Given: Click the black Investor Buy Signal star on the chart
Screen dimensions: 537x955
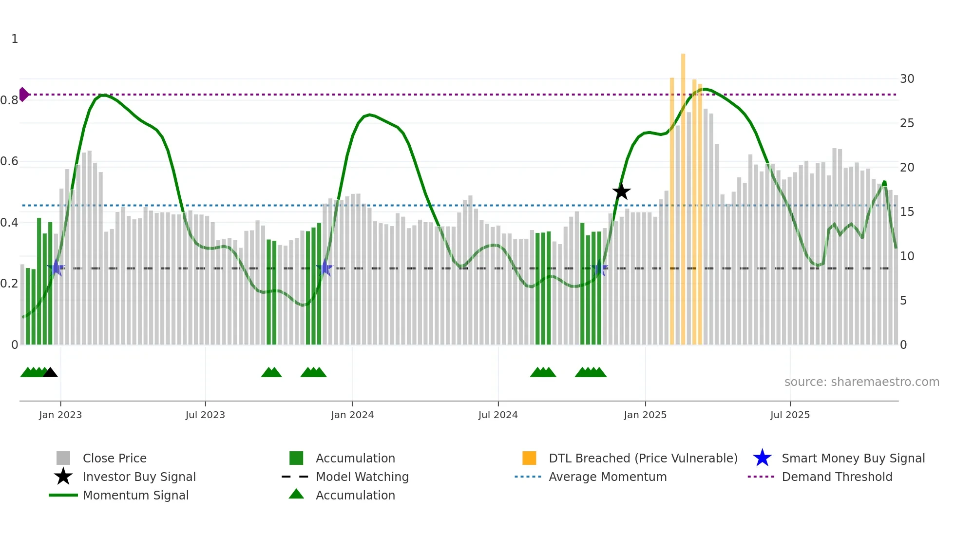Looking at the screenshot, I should tap(621, 192).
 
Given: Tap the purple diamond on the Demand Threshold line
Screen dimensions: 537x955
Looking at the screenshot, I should tap(23, 95).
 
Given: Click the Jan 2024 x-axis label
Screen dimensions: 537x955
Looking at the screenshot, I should tap(352, 415).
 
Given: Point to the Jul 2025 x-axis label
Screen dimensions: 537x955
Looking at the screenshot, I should tap(790, 415).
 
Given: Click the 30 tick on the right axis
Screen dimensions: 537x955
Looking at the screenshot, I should tap(907, 79).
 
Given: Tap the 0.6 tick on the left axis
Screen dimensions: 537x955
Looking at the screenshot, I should tap(9, 161).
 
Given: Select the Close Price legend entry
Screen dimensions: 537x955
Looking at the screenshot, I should tap(115, 459).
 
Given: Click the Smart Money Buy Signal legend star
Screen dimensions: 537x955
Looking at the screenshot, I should tap(762, 459).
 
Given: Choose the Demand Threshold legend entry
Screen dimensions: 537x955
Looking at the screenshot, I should tap(837, 477).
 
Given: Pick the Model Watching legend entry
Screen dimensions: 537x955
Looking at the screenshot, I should tap(362, 477).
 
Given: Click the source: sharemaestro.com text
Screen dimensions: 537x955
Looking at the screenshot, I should tap(861, 382).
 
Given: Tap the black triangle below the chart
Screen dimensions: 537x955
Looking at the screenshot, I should tap(50, 373).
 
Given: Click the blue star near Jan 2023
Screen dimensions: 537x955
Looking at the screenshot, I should tap(56, 268).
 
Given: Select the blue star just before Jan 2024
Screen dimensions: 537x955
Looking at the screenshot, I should tap(325, 268).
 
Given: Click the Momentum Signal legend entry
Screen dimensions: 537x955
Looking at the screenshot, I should tap(135, 496).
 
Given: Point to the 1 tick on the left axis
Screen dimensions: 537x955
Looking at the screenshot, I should tap(15, 39).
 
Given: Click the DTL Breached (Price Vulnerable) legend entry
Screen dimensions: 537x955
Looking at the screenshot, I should tap(643, 459).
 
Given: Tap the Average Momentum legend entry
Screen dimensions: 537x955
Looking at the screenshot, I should tap(607, 477).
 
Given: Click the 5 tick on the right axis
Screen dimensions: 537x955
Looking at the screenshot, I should tap(903, 301).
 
